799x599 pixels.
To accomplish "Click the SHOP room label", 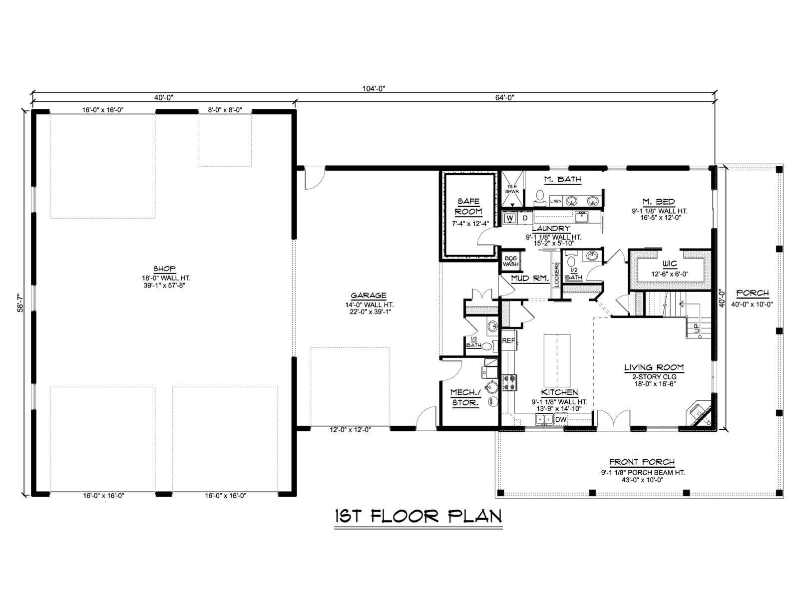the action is click(164, 269).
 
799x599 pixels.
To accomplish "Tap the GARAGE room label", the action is click(369, 296).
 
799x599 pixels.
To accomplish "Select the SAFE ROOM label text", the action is click(468, 206).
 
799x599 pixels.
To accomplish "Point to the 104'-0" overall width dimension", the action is click(374, 88).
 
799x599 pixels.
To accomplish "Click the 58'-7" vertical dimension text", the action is click(22, 302).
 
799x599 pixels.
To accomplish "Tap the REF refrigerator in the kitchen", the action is click(508, 340).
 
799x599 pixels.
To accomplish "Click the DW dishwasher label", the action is click(561, 419).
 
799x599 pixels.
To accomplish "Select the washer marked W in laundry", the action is click(510, 218).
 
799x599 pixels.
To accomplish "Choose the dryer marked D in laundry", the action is click(525, 218).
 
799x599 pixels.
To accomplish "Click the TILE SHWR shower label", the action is click(511, 189).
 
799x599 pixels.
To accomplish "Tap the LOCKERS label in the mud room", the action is click(556, 274).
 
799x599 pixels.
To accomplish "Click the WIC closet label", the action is click(670, 264).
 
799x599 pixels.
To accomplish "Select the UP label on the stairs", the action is click(696, 328).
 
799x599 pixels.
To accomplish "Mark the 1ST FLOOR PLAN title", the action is click(418, 516).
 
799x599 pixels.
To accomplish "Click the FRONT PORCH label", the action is click(642, 462).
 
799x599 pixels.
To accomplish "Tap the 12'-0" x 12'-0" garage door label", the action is click(350, 429).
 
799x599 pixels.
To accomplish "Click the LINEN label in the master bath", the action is click(555, 201).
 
